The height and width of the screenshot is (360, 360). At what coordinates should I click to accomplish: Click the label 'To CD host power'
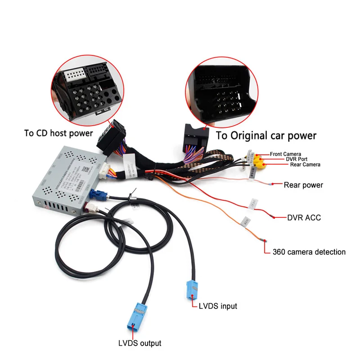tap(59, 133)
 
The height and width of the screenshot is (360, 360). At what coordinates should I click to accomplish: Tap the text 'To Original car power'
tap(266, 135)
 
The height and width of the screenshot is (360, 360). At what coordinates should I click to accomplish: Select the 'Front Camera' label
tap(286, 154)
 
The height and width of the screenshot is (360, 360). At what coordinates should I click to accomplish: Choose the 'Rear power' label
tap(303, 184)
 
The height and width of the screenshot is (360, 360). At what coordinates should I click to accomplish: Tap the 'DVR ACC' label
tap(304, 218)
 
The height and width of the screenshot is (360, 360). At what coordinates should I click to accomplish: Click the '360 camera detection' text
tap(309, 252)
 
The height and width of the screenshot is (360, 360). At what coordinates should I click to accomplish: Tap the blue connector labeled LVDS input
tap(191, 289)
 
